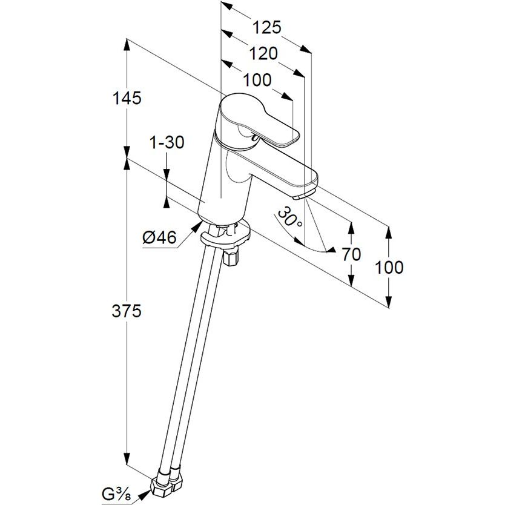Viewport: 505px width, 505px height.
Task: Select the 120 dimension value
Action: pyautogui.click(x=263, y=53)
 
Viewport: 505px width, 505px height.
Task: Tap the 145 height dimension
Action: pyautogui.click(x=127, y=97)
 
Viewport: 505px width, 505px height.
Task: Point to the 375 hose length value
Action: pyautogui.click(x=127, y=311)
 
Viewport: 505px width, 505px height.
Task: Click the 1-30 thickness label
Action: pyautogui.click(x=167, y=143)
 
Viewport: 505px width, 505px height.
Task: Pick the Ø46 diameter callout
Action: pyautogui.click(x=160, y=239)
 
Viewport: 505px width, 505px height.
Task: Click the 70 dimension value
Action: pyautogui.click(x=351, y=254)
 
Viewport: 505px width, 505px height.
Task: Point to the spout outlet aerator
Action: pyautogui.click(x=301, y=195)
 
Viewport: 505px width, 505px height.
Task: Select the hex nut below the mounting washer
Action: pyautogui.click(x=230, y=259)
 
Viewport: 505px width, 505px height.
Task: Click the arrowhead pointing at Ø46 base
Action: pyautogui.click(x=197, y=226)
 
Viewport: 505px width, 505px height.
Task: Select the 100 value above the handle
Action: pyautogui.click(x=257, y=80)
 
